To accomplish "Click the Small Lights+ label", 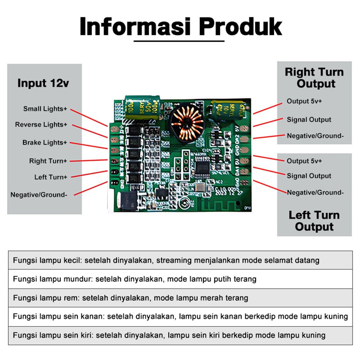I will [45, 109].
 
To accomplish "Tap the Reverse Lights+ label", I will [41, 125].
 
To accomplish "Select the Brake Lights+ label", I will [45, 143].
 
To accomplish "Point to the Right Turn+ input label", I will [48, 161].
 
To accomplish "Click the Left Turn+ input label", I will [51, 177].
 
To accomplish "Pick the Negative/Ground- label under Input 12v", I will [39, 195].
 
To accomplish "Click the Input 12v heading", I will [43, 84].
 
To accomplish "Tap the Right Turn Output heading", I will [314, 78].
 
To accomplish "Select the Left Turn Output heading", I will [314, 221].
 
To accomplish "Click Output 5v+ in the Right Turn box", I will [304, 101].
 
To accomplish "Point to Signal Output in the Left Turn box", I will [309, 176].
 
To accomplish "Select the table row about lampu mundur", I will [180, 279].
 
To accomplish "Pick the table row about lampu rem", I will [180, 298].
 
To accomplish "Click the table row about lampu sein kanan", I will [180, 316].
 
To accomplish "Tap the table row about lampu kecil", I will [180, 260].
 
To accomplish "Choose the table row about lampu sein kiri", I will [180, 336].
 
